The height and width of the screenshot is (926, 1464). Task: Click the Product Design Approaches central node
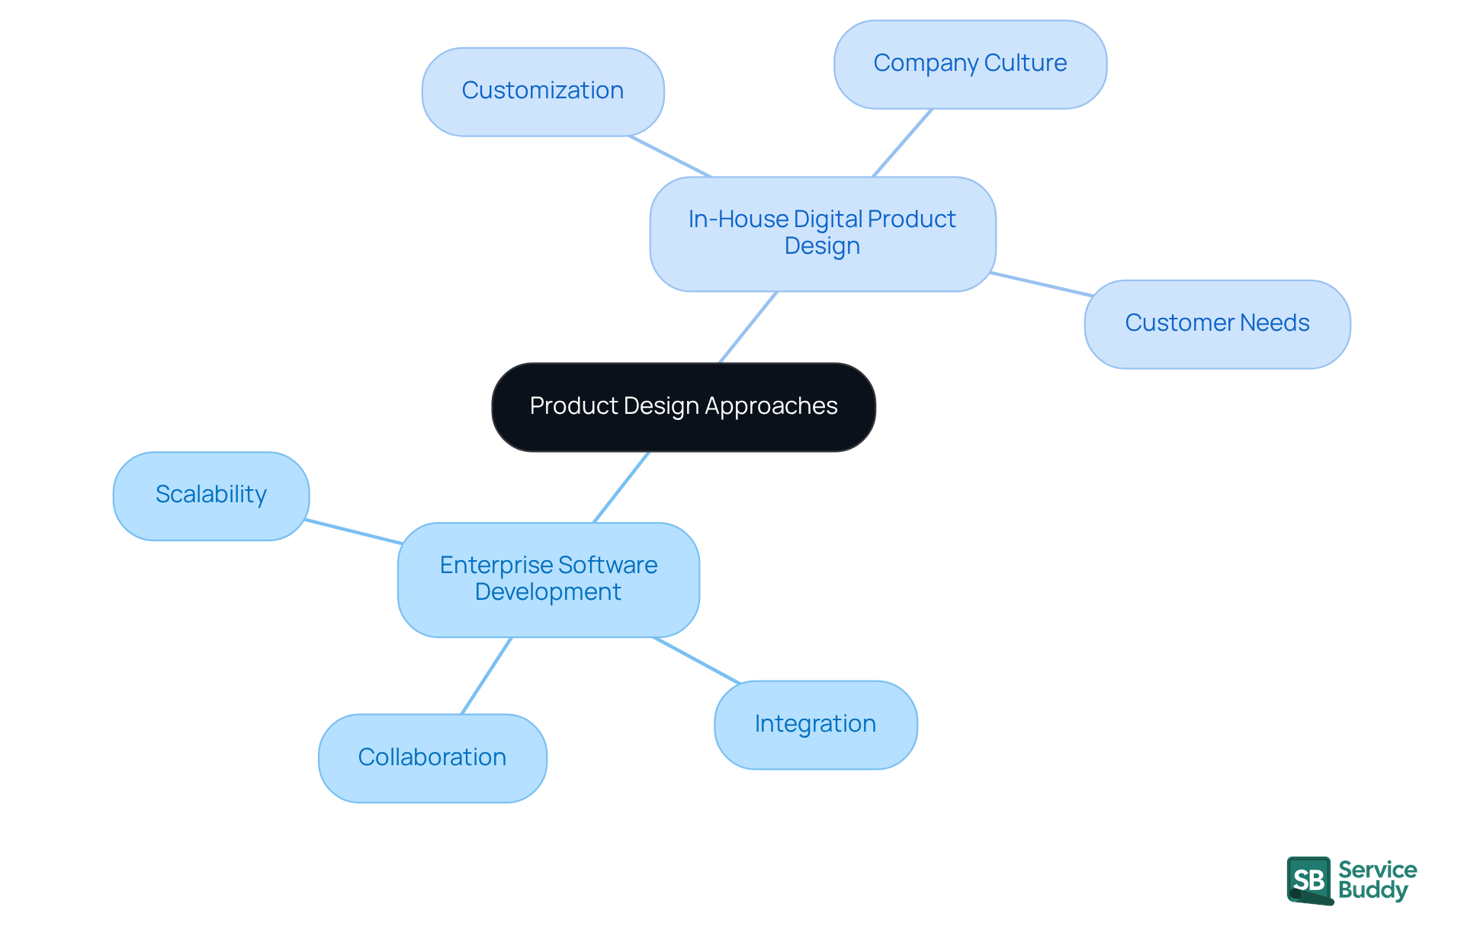tap(683, 407)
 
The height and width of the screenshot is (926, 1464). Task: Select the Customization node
tap(543, 91)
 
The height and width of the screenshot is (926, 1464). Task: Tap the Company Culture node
tap(970, 64)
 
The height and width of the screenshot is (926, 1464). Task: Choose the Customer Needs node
tap(1217, 324)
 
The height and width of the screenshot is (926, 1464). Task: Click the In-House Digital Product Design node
tap(822, 233)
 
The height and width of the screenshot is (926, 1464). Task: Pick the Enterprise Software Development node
tap(548, 579)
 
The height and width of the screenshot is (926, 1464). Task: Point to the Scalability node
tap(211, 495)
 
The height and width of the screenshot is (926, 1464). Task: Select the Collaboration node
tap(432, 758)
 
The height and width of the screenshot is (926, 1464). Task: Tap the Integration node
tap(815, 724)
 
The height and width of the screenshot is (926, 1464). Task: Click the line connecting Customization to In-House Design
tap(669, 156)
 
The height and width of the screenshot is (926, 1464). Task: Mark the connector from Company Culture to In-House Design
tap(902, 143)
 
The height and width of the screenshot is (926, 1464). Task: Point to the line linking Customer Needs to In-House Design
tap(1041, 284)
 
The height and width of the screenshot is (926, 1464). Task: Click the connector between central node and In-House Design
tap(748, 327)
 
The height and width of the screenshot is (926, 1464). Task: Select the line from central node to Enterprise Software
tap(621, 487)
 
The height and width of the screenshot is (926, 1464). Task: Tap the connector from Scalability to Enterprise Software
tap(354, 531)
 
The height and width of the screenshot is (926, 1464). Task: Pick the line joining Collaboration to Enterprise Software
tap(486, 675)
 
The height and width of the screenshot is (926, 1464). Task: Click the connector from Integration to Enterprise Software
tap(697, 660)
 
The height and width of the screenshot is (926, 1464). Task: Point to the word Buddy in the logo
tap(1372, 891)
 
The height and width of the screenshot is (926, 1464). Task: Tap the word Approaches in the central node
tap(771, 407)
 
